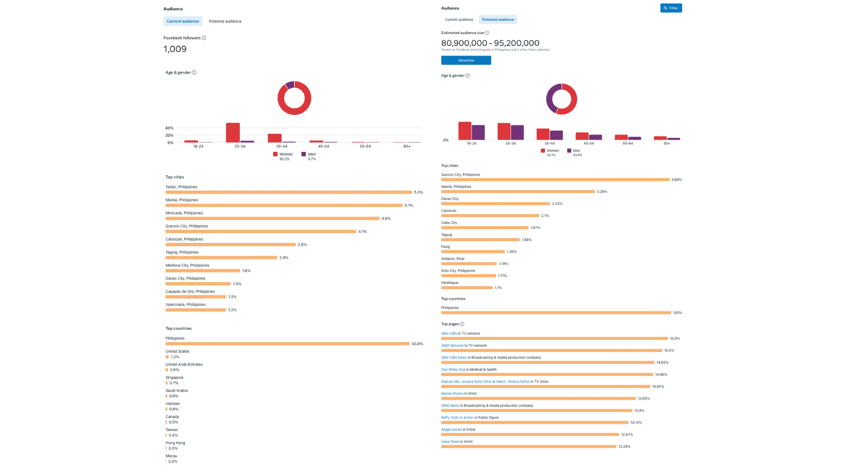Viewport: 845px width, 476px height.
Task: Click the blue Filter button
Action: [671, 8]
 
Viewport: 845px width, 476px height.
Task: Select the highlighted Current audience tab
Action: [183, 21]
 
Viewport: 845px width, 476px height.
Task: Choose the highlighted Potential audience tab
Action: [498, 19]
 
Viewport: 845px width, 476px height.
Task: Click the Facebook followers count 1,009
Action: [175, 49]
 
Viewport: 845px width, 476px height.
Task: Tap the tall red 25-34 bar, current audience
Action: [233, 132]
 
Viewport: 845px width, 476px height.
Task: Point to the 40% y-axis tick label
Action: [169, 128]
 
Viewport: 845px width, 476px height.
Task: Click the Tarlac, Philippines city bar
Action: [288, 192]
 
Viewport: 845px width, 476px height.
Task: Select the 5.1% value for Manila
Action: [409, 205]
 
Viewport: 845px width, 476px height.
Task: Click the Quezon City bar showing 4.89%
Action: [555, 180]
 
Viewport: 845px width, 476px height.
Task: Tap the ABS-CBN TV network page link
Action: [449, 334]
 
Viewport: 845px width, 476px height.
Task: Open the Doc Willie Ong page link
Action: [453, 369]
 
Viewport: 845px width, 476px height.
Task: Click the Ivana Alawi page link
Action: [450, 441]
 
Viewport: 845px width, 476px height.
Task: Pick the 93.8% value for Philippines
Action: [417, 344]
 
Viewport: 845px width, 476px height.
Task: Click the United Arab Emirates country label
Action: [184, 364]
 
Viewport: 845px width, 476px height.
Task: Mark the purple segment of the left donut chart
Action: [290, 85]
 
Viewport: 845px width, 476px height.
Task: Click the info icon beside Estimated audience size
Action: [487, 33]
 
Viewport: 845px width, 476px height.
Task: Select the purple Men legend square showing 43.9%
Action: [569, 151]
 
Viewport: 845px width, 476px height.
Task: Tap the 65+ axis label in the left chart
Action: [407, 146]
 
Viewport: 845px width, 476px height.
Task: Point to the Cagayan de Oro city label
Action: [190, 291]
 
